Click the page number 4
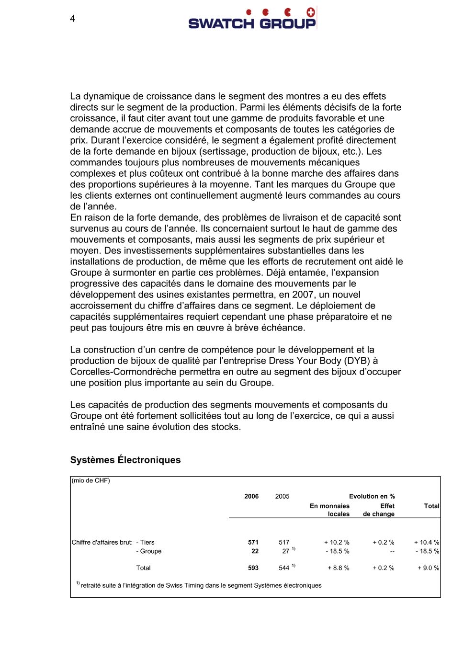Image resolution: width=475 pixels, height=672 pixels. [x=72, y=19]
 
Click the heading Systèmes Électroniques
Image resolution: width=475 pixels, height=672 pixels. [x=125, y=460]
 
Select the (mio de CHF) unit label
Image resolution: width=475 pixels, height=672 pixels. [x=91, y=480]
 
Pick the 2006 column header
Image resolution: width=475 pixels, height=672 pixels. [x=251, y=496]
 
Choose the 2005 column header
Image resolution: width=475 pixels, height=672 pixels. [x=282, y=496]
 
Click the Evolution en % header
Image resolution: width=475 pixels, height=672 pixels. [x=372, y=496]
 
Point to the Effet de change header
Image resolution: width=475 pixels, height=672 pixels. [x=379, y=510]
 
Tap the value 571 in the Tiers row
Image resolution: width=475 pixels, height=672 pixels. [x=253, y=542]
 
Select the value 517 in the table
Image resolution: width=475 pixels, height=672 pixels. [x=284, y=542]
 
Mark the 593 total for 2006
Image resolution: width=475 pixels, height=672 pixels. [x=253, y=568]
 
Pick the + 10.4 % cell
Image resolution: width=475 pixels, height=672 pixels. [x=426, y=542]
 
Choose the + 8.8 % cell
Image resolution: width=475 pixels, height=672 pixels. [x=338, y=568]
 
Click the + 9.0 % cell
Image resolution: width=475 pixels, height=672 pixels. [x=428, y=568]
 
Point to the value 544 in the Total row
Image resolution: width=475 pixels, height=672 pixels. [x=284, y=568]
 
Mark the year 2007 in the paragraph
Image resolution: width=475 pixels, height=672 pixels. [x=303, y=295]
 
